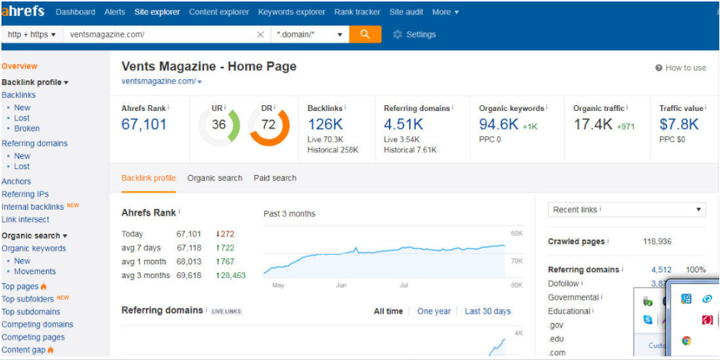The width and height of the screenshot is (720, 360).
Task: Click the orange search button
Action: tap(364, 34)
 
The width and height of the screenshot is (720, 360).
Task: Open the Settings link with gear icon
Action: tap(414, 34)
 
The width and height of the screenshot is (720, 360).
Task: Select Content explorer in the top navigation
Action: tap(218, 12)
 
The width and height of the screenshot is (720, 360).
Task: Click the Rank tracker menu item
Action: tap(358, 12)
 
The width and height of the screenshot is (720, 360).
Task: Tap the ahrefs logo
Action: tap(23, 12)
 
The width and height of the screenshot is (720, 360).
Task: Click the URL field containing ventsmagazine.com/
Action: tap(160, 34)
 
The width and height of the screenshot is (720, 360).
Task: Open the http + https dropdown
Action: tap(31, 34)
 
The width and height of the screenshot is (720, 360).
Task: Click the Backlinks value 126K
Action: tap(325, 124)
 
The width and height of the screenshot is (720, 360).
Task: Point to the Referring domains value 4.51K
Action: tap(403, 124)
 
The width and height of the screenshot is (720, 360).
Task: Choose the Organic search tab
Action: tap(215, 178)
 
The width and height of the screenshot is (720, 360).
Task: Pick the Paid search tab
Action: tap(275, 178)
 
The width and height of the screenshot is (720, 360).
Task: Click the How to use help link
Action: tap(680, 67)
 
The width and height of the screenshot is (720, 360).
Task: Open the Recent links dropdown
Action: tap(626, 210)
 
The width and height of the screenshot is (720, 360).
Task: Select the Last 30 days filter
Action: tap(488, 311)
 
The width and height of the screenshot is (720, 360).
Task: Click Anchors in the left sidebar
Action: tap(16, 181)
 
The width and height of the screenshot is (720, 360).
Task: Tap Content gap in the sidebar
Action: tap(23, 350)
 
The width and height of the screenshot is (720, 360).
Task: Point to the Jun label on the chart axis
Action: tap(340, 285)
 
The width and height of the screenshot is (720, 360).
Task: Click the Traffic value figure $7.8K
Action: tap(679, 124)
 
